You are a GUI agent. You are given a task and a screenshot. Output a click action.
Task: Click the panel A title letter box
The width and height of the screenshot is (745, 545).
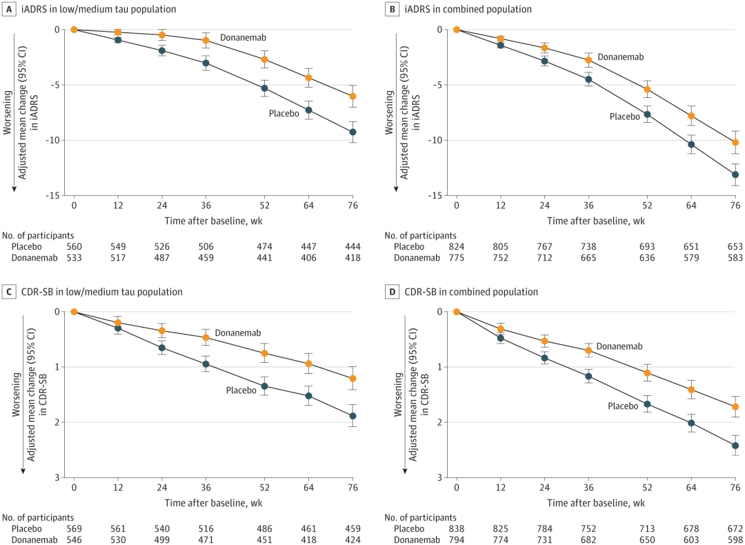pos(8,9)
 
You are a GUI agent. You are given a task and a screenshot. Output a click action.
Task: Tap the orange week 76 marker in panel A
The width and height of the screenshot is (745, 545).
pos(352,97)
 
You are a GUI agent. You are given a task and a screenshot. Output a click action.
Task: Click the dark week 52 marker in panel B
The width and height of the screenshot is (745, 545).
pos(647,114)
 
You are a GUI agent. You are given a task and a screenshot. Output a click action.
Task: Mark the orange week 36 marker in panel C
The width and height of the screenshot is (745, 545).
pos(206,337)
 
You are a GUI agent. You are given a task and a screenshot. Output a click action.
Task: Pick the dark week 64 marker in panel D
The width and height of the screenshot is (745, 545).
pos(691,423)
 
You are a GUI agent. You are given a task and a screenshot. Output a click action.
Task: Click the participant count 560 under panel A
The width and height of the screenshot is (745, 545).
pos(74,246)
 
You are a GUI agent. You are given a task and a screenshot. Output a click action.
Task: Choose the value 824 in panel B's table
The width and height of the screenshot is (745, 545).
pos(457,246)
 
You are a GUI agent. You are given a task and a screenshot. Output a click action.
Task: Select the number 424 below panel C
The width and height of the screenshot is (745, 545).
pos(352,539)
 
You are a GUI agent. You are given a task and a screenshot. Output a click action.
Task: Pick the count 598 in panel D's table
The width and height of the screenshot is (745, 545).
pos(735,539)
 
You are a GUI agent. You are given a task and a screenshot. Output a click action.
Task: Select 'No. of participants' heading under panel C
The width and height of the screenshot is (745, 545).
pos(37,517)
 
